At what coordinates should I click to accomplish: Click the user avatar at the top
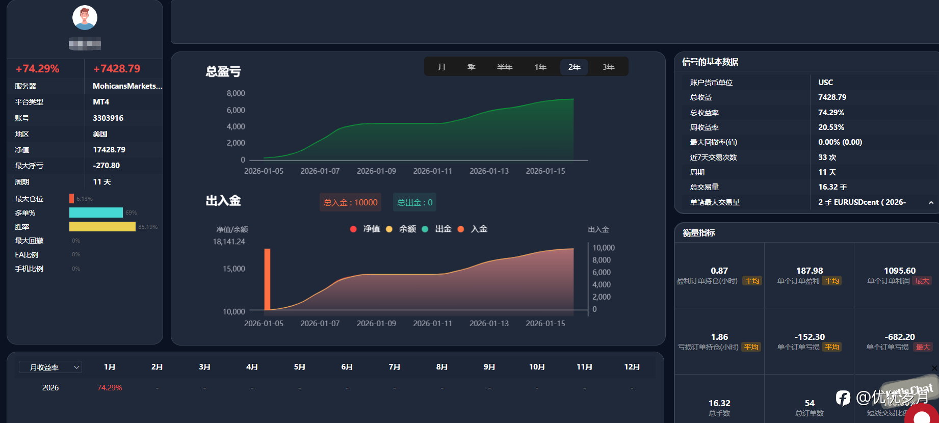pyautogui.click(x=85, y=18)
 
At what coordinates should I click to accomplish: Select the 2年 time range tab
pyautogui.click(x=574, y=67)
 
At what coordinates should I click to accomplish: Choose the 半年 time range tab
pyautogui.click(x=504, y=67)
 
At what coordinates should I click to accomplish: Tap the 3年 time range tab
pyautogui.click(x=608, y=67)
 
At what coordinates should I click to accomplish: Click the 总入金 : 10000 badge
pyautogui.click(x=350, y=202)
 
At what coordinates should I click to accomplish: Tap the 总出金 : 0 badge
pyautogui.click(x=414, y=202)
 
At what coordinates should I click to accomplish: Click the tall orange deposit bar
pyautogui.click(x=267, y=279)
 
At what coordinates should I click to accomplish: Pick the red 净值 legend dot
pyautogui.click(x=353, y=229)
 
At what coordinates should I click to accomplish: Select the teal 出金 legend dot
pyautogui.click(x=425, y=229)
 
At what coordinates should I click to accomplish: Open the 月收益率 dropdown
pyautogui.click(x=50, y=367)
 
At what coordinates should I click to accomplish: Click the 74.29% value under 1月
pyautogui.click(x=110, y=388)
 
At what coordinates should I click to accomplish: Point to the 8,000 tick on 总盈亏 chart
pyautogui.click(x=236, y=93)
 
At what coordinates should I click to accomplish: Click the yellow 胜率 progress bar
pyautogui.click(x=102, y=227)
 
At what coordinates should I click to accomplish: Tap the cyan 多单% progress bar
pyautogui.click(x=96, y=213)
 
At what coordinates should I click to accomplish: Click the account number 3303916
pyautogui.click(x=108, y=118)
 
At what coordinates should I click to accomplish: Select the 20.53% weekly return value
pyautogui.click(x=831, y=127)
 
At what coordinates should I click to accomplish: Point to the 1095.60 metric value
pyautogui.click(x=899, y=271)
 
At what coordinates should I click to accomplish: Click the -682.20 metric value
pyautogui.click(x=899, y=337)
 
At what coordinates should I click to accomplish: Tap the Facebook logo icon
pyautogui.click(x=843, y=398)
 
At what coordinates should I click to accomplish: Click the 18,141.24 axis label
pyautogui.click(x=229, y=242)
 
